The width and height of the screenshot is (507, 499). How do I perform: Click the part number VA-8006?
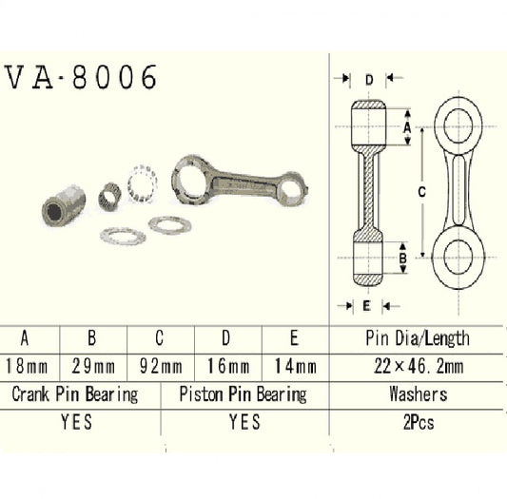(81, 78)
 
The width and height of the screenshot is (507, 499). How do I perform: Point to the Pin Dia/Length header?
(417, 338)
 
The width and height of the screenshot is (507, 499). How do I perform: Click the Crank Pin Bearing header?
(74, 393)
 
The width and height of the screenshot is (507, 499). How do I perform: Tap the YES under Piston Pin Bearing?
(244, 422)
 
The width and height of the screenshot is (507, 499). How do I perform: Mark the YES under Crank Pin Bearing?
(74, 422)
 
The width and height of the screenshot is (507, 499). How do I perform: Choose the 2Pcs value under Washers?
(417, 422)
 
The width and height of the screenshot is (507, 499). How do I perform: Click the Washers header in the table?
(417, 393)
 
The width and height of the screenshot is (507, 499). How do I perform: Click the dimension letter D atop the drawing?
(367, 80)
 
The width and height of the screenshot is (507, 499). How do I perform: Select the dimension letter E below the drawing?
(365, 305)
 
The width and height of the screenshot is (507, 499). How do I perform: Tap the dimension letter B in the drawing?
(403, 258)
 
